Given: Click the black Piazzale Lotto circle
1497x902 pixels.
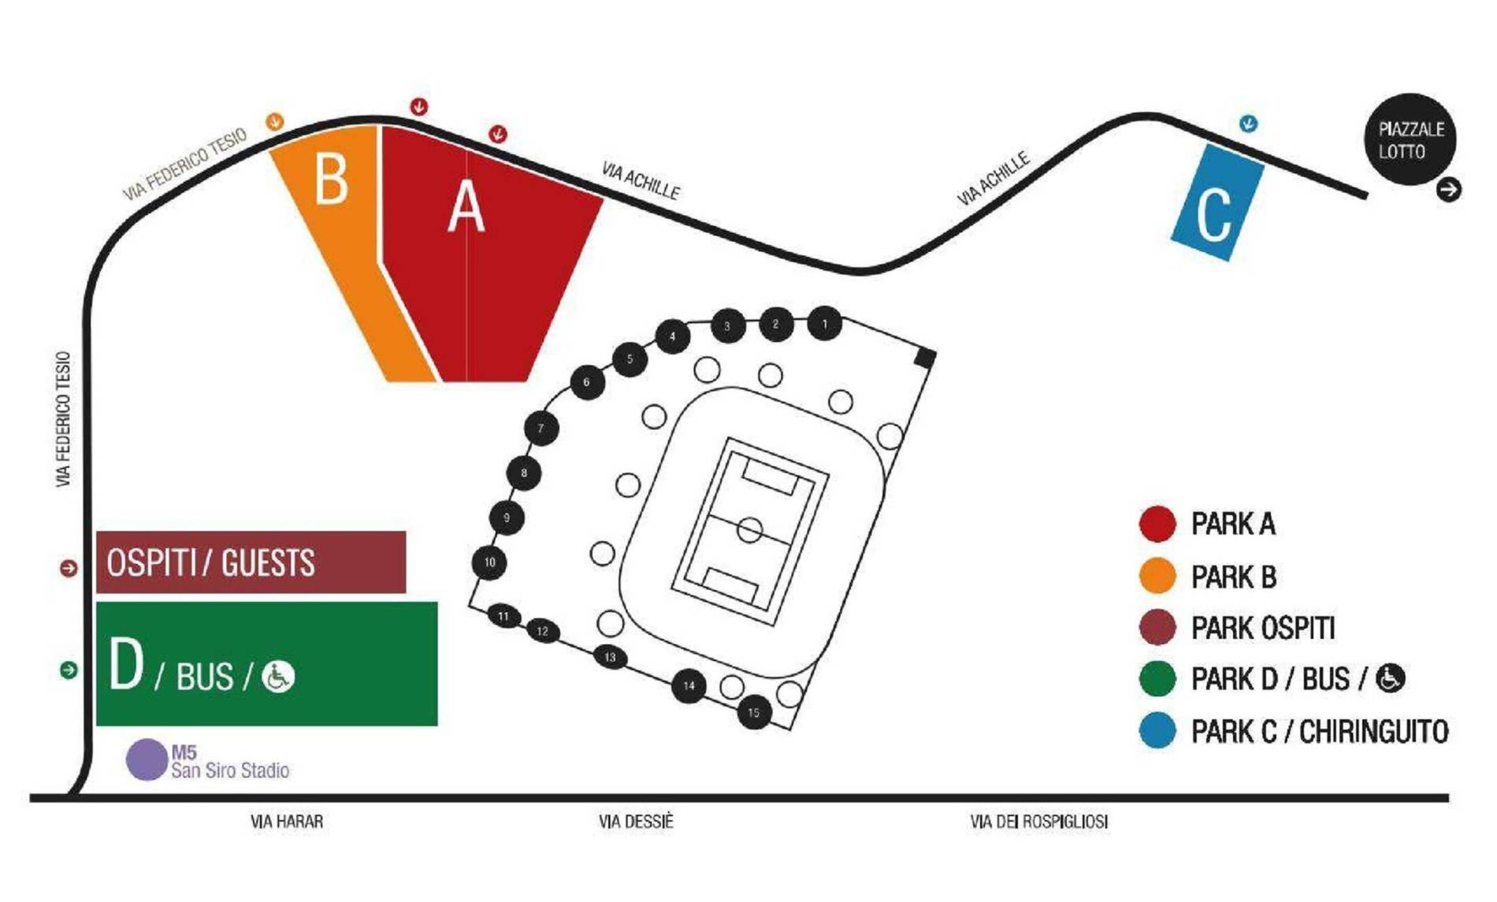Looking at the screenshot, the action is point(1410,139).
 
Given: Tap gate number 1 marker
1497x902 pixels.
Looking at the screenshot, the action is point(824,324).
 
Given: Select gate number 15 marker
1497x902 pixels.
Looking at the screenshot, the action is point(754,713).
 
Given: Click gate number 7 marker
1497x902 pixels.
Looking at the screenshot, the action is point(541,429).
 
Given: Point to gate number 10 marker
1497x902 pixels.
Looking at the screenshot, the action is point(489,562).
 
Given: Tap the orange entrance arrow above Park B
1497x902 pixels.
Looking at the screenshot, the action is point(274,121).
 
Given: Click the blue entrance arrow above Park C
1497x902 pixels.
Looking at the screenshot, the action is point(1249,124).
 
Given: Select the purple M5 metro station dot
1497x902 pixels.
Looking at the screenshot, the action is point(147,760).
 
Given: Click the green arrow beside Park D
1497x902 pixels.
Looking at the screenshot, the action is point(69,670).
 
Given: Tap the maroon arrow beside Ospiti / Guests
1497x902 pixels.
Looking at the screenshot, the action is point(69,568).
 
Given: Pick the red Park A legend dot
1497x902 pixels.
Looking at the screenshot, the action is point(1157,524).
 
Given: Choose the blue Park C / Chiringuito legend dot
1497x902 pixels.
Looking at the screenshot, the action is point(1157,731).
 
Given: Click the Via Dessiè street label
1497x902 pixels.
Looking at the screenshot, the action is point(636,822).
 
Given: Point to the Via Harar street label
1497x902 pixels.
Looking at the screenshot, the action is point(287,822).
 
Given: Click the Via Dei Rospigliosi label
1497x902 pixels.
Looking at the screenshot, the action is point(1038,822).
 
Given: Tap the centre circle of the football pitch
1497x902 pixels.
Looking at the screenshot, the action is point(750,530).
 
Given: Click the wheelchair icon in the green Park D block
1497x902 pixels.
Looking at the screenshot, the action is point(278,677).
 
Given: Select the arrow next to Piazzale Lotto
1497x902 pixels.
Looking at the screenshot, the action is point(1448,190).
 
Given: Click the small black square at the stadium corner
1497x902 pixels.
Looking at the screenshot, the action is point(925,358).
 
